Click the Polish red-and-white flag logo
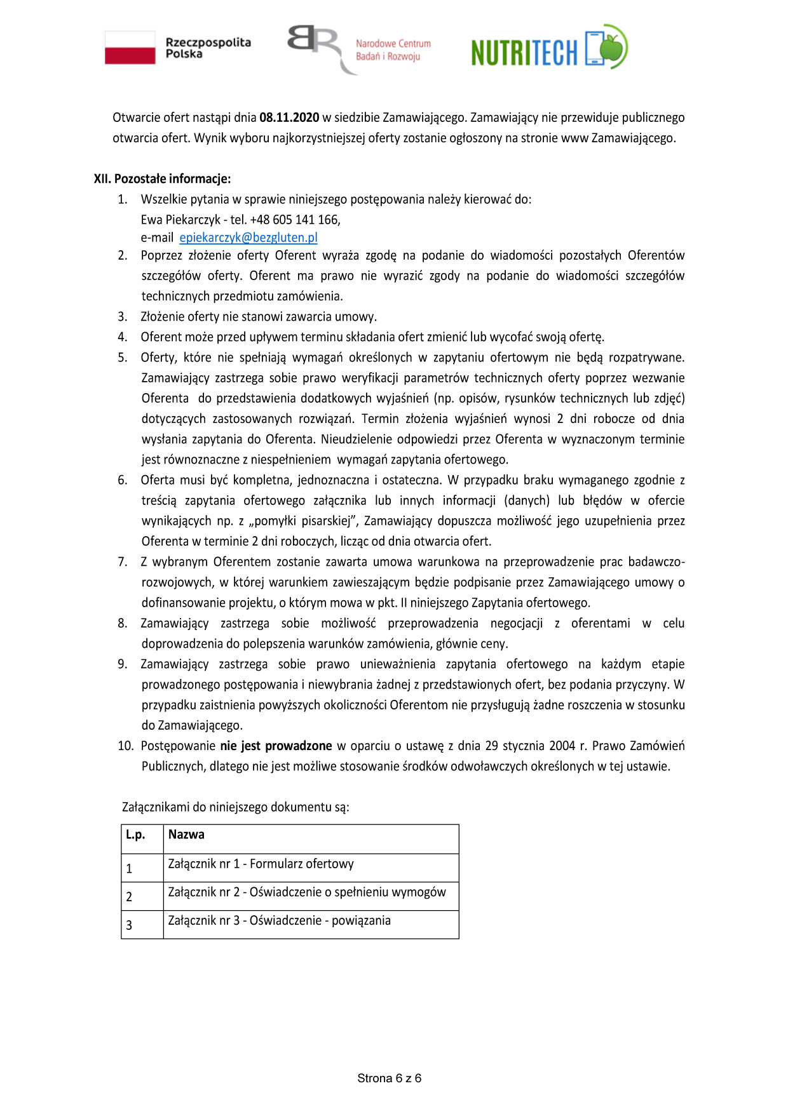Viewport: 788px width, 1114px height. pos(130,48)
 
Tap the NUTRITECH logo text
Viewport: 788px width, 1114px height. pos(524,52)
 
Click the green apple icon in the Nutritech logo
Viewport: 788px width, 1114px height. pos(613,47)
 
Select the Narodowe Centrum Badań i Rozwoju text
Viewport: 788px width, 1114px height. pos(393,50)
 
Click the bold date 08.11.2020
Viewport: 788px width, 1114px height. pos(289,117)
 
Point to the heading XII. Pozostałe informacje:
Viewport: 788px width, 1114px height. pos(162,178)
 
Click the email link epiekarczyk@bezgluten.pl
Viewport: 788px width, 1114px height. pos(248,238)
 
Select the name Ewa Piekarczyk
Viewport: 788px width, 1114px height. pos(180,220)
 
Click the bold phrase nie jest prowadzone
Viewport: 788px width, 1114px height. pos(276,746)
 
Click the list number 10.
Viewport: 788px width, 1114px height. pos(125,746)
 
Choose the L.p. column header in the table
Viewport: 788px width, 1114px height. pos(135,835)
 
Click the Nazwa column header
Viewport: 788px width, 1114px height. pos(186,835)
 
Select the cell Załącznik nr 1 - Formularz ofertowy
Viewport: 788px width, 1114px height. pos(261,864)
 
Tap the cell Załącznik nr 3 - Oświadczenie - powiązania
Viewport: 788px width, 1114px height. pos(279,920)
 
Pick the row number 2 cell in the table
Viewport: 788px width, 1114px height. pos(129,897)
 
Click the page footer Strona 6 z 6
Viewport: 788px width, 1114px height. pos(389,1078)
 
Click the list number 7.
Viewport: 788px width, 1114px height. pos(123,562)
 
